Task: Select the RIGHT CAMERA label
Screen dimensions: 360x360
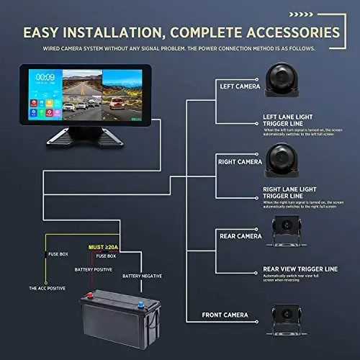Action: click(239, 162)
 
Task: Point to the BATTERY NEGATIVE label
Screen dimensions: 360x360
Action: click(143, 276)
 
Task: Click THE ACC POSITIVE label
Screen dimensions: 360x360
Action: click(47, 288)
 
